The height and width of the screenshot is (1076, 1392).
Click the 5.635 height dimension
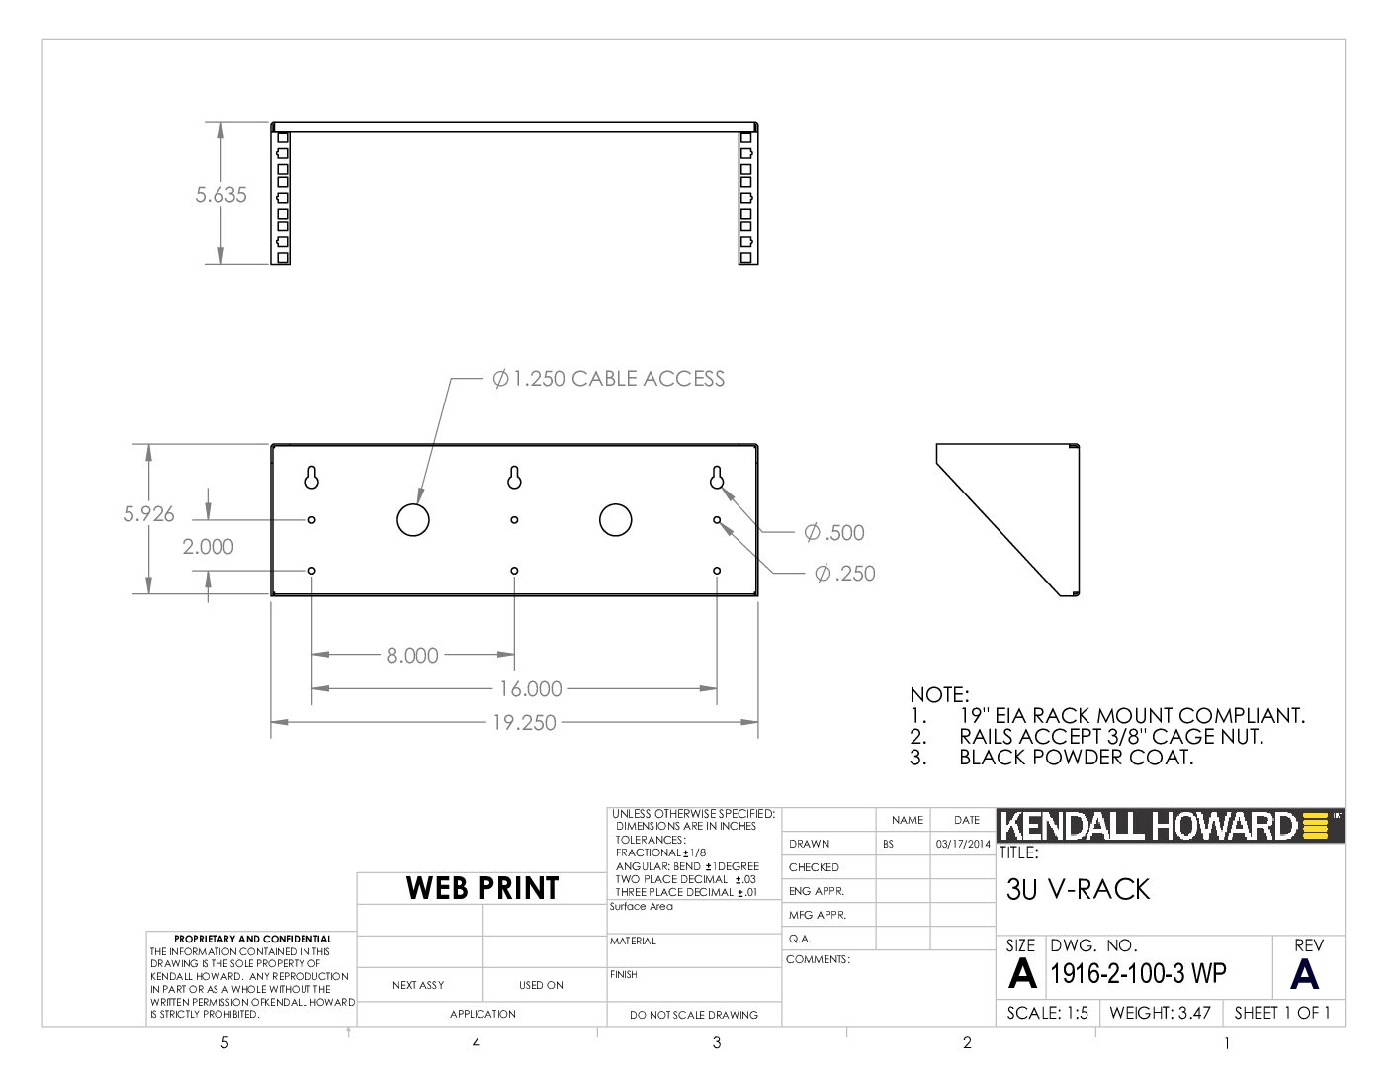pos(220,194)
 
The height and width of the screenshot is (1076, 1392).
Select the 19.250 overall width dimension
pos(524,722)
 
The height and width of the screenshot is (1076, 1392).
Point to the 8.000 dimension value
pos(412,655)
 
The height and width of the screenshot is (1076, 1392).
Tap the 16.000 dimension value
pos(531,689)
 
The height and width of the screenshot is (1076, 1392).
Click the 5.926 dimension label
pos(148,514)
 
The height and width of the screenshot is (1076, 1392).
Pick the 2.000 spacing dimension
pos(209,547)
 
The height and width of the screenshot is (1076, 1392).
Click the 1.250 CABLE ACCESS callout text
pos(609,379)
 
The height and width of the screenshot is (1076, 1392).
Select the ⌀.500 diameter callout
pos(834,532)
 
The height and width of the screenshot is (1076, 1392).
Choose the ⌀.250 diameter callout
pos(845,573)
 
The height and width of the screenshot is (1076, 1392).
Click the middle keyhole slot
pos(514,478)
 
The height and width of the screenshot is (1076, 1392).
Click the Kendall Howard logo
pos(1170,826)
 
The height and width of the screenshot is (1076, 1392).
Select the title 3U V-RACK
pos(1079,889)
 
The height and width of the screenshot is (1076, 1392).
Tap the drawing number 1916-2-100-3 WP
pos(1138,973)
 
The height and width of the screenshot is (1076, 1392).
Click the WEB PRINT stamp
pos(482,888)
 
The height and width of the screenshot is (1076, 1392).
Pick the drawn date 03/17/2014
pos(963,844)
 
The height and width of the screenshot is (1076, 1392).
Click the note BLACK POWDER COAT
pos(1077,758)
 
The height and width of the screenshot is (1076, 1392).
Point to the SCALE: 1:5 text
pos(1047,1013)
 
